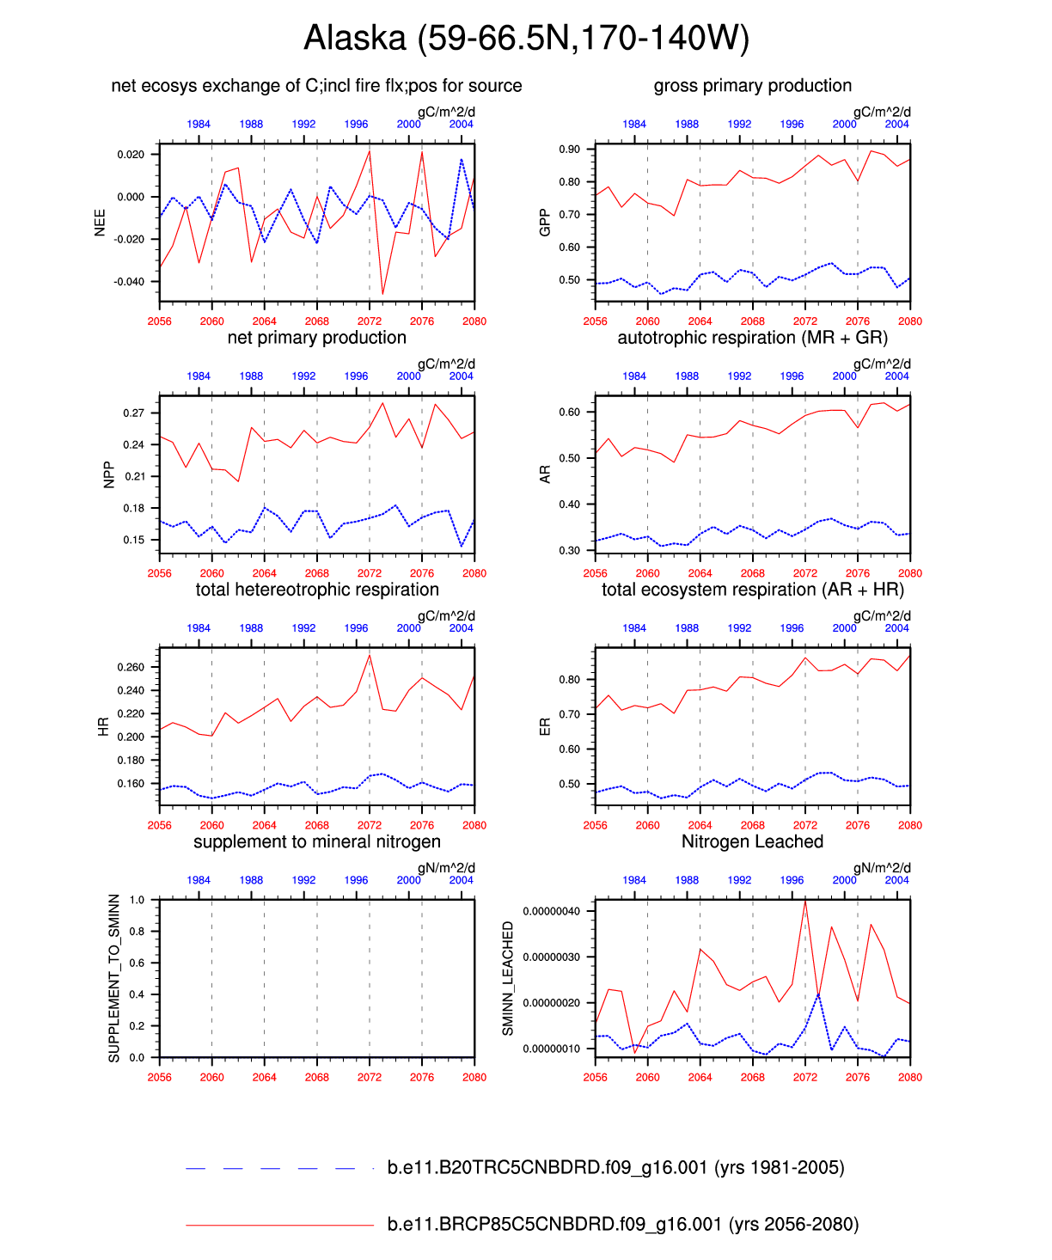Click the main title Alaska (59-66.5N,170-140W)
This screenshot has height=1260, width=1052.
click(526, 38)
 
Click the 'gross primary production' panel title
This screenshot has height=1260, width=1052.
click(752, 85)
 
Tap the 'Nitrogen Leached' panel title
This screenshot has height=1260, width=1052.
click(752, 841)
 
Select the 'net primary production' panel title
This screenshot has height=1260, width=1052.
click(316, 337)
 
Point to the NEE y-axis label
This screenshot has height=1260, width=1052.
click(100, 223)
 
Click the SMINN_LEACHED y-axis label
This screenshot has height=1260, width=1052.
click(508, 978)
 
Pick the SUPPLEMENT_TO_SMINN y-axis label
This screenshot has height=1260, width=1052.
click(114, 978)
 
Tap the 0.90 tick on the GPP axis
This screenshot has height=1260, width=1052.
click(570, 150)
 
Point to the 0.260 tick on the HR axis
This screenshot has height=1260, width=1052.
click(131, 667)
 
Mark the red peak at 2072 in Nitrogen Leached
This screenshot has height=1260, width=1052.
click(805, 900)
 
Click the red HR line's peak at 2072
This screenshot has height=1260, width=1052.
click(370, 656)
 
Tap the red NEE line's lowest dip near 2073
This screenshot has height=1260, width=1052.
click(382, 294)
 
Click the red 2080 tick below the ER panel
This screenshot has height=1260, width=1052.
click(910, 825)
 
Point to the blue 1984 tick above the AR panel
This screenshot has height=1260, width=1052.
click(634, 376)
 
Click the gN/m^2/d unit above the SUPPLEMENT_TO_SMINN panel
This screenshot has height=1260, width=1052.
click(446, 868)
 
